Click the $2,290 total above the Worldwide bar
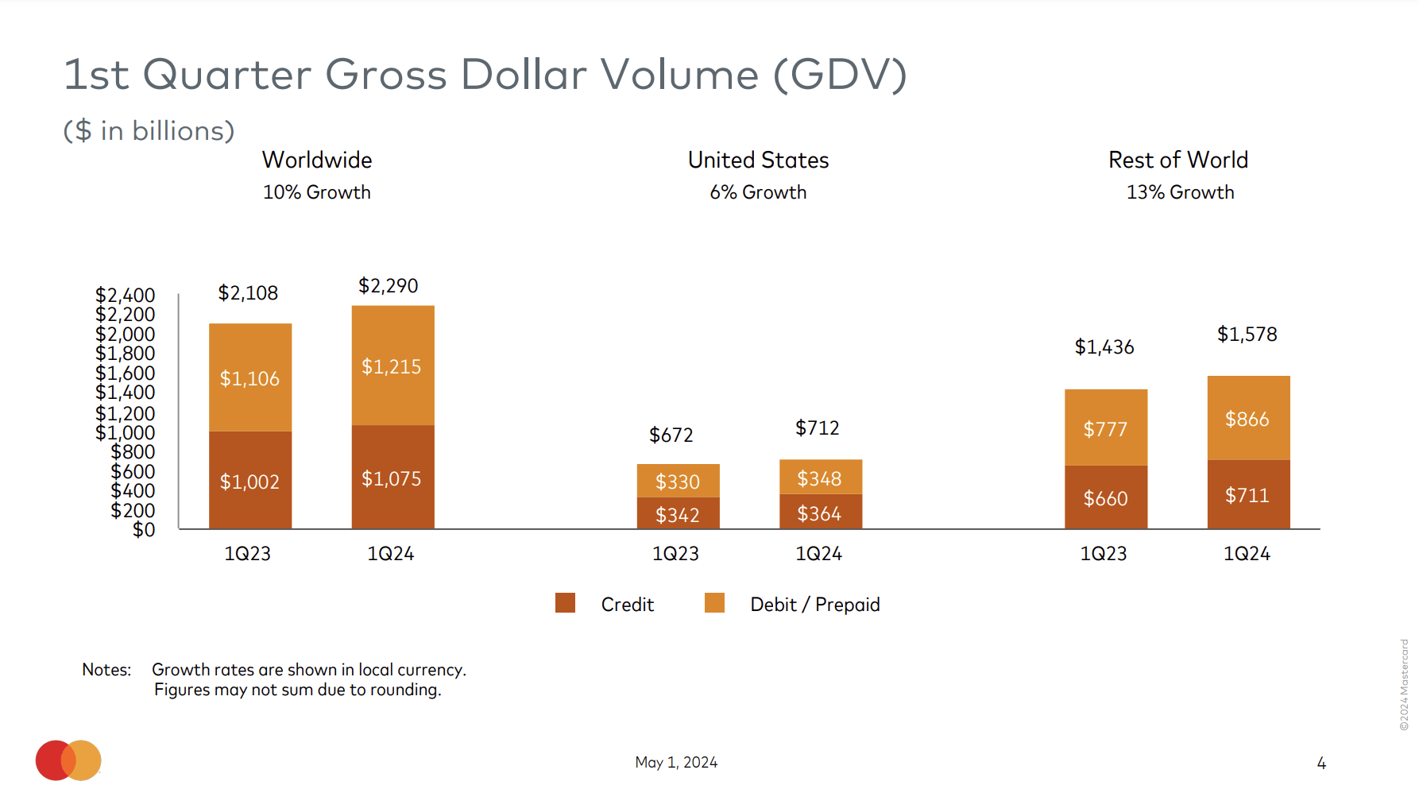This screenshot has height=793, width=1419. tap(388, 286)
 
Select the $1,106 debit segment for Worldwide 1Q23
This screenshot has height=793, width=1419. tap(249, 378)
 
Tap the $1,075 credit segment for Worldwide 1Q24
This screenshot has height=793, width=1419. tap(392, 478)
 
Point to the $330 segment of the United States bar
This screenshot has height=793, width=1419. tap(678, 482)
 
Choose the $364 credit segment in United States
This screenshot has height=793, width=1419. tap(819, 514)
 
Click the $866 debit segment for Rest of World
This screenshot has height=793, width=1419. tap(1247, 419)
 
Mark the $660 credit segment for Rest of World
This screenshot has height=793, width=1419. tap(1105, 498)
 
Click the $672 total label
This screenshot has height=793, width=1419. tap(671, 435)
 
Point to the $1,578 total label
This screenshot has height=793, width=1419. tap(1247, 335)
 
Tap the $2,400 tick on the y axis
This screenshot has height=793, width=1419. tap(126, 296)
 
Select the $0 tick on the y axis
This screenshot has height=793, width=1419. tap(144, 529)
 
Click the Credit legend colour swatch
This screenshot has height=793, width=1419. tap(565, 603)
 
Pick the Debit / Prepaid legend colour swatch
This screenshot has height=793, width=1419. tap(714, 603)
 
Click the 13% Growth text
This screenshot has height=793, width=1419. tap(1180, 192)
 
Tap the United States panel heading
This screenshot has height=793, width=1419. tap(758, 161)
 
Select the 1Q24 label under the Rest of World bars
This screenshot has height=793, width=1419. tap(1247, 554)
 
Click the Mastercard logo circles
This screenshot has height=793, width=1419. tap(68, 760)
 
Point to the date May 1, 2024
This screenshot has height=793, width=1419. tap(676, 763)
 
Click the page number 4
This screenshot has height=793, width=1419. tap(1321, 764)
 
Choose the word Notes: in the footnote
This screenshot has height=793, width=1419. tap(106, 670)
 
